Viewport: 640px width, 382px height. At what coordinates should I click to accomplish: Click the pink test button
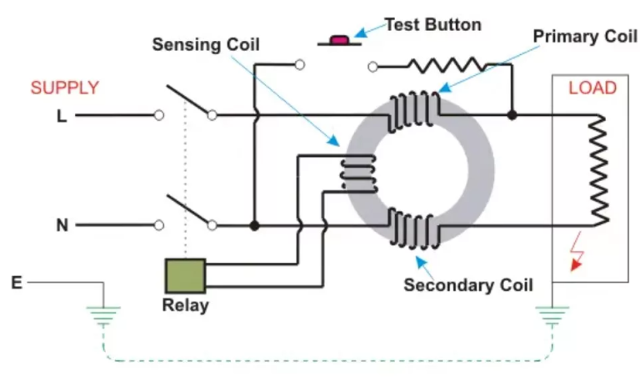coord(340,39)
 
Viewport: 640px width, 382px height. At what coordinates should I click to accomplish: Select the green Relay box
coord(185,275)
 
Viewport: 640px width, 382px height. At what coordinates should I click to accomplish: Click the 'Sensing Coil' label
coord(205,44)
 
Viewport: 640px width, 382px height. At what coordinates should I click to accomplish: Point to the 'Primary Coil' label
coord(582,37)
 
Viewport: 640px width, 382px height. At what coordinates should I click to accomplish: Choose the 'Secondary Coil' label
coord(467,284)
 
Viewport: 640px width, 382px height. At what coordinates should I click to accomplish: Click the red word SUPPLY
coord(65,88)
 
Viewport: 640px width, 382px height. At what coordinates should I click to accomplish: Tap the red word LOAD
coord(592,88)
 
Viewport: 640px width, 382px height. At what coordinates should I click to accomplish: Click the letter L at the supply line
coord(61,117)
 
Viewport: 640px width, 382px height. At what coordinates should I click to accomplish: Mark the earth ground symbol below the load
coord(550,314)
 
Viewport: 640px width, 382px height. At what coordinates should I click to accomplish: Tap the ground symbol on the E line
coord(103,314)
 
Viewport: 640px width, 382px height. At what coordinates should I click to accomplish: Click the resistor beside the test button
coord(443,65)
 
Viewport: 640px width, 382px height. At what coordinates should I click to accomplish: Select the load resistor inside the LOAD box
coord(598,171)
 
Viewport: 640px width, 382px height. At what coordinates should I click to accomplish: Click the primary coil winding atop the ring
coord(415,109)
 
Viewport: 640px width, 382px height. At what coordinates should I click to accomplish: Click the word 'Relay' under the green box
coord(185,305)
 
